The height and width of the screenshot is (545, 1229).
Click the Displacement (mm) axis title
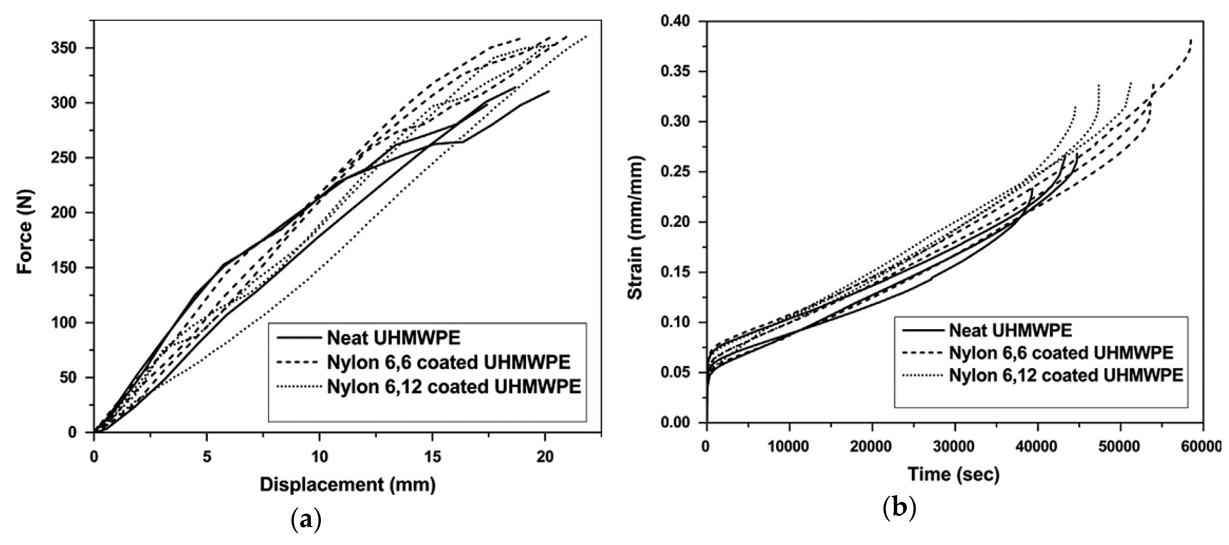[x=347, y=485]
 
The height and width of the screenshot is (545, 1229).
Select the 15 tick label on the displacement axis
[x=432, y=457]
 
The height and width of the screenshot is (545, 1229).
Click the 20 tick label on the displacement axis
[x=545, y=457]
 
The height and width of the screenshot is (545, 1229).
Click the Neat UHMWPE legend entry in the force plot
[x=394, y=338]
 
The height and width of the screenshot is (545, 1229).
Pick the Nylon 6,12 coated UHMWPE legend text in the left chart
[x=454, y=386]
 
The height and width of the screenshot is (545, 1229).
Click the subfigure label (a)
[x=306, y=521]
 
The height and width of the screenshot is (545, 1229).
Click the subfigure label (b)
[x=899, y=508]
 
